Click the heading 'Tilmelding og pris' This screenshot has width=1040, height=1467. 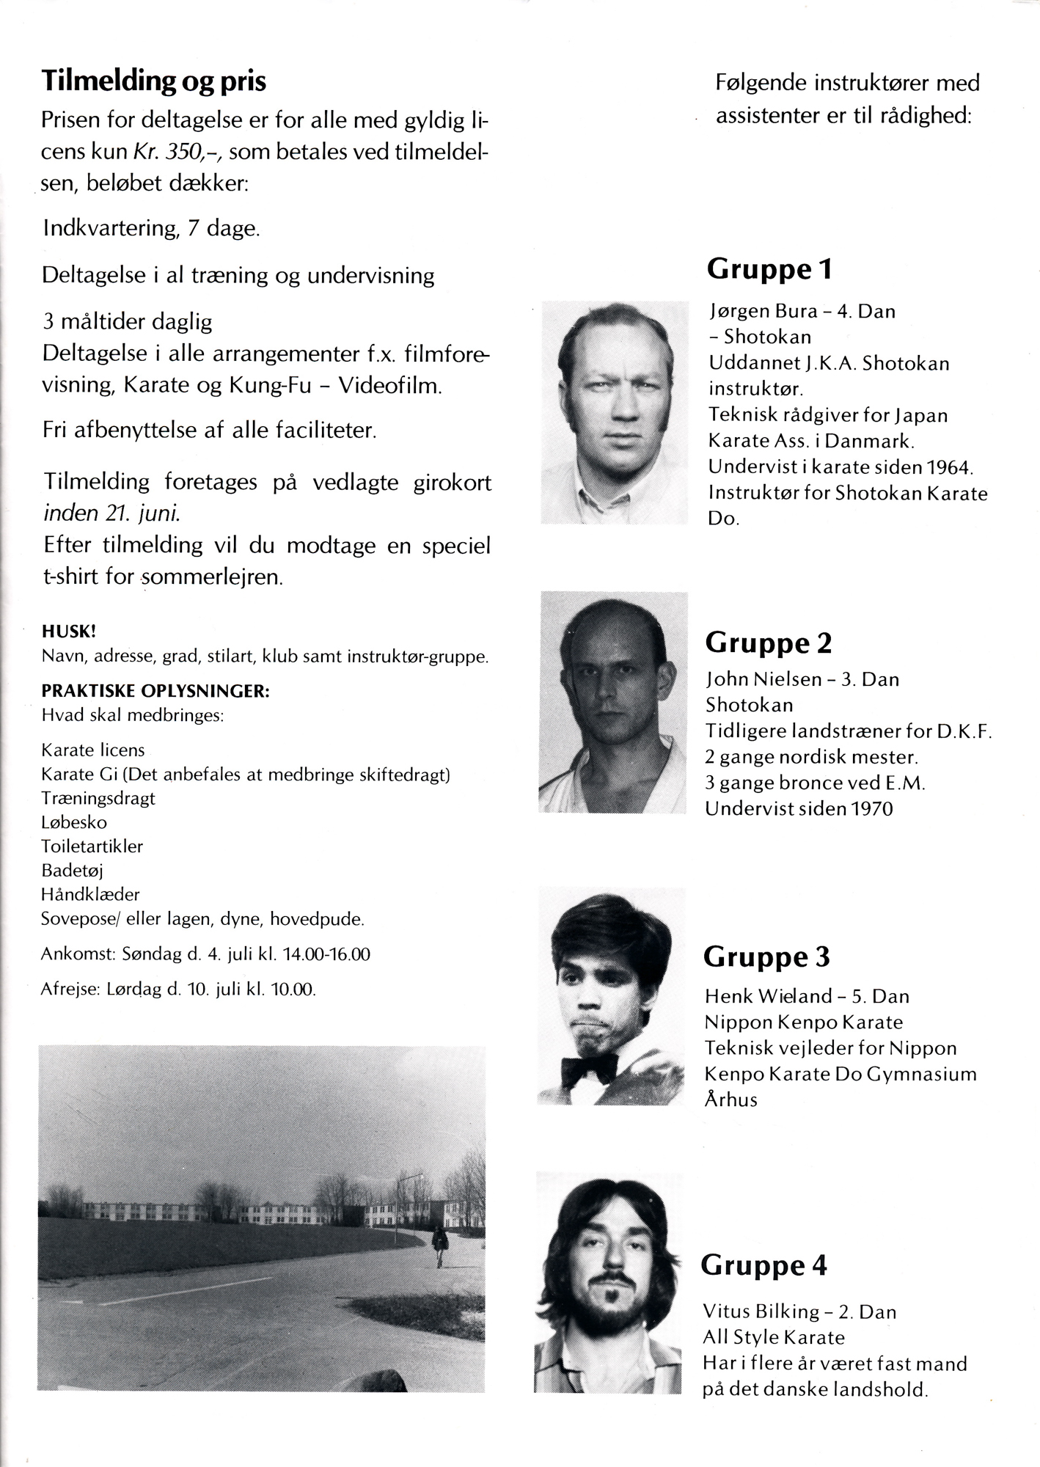click(x=154, y=81)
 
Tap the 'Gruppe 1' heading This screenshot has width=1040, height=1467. click(x=769, y=270)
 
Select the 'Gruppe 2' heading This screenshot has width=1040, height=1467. click(x=768, y=643)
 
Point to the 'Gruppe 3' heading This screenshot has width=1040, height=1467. click(x=766, y=956)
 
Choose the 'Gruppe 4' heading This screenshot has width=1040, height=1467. click(x=763, y=1265)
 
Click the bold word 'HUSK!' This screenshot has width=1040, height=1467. click(x=69, y=632)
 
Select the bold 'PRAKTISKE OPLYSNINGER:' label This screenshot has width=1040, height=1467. click(x=155, y=692)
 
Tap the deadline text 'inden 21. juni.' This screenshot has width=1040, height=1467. click(x=112, y=513)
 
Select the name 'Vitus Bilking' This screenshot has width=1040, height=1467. click(x=761, y=1311)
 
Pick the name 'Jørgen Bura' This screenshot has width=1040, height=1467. click(x=763, y=311)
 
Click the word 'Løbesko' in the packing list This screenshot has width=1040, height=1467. click(x=74, y=822)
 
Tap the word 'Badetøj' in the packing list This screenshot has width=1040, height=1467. click(x=72, y=871)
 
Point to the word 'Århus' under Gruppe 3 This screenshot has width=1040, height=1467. click(x=730, y=1100)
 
